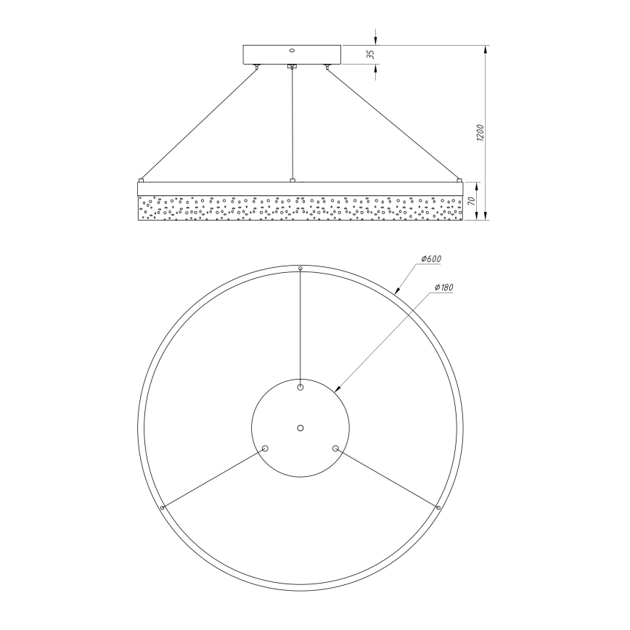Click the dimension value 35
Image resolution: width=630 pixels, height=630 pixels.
(369, 54)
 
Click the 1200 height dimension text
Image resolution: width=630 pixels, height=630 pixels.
(480, 134)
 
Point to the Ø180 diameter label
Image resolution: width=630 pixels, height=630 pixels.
(443, 288)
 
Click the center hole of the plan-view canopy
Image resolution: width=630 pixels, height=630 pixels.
(300, 427)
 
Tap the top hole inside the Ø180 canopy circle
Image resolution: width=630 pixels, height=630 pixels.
(300, 387)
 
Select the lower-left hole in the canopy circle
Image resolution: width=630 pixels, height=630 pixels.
(265, 449)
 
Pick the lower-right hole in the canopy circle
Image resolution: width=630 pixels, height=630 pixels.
(335, 449)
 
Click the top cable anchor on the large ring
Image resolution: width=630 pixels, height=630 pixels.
(300, 269)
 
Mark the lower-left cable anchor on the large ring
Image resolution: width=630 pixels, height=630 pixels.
(163, 507)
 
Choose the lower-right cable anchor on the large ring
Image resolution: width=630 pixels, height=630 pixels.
(438, 507)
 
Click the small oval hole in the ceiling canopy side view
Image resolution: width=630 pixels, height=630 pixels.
(292, 51)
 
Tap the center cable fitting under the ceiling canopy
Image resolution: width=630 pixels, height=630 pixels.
(292, 67)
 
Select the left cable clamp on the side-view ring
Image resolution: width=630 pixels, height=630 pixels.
(142, 179)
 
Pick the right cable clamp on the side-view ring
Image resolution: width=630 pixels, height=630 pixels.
(459, 179)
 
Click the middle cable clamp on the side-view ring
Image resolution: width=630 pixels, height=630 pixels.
(292, 179)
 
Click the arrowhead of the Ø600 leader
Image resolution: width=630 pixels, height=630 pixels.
(396, 292)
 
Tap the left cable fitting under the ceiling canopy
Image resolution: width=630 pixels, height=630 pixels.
(256, 67)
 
